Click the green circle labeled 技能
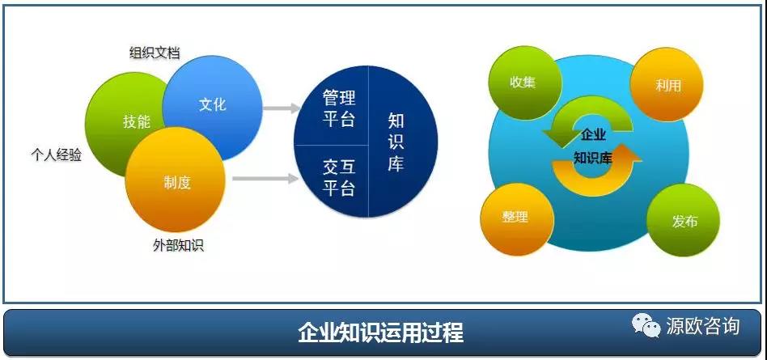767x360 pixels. pyautogui.click(x=122, y=122)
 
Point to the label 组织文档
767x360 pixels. pyautogui.click(x=154, y=53)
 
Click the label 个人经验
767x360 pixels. pyautogui.click(x=56, y=155)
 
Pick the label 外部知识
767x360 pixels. pyautogui.click(x=178, y=245)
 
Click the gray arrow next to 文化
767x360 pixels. pyautogui.click(x=282, y=108)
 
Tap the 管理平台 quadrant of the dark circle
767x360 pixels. pyautogui.click(x=337, y=108)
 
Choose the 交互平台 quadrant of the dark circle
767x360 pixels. pyautogui.click(x=337, y=179)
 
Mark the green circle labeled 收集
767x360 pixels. pyautogui.click(x=523, y=83)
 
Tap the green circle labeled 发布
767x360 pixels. pyautogui.click(x=684, y=221)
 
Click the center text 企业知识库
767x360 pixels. pyautogui.click(x=593, y=146)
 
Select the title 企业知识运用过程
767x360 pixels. pyautogui.click(x=381, y=333)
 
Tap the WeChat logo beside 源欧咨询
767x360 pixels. pyautogui.click(x=646, y=325)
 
